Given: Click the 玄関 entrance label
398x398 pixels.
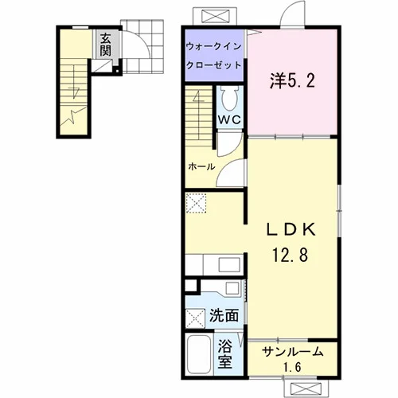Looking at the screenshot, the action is click(105, 45).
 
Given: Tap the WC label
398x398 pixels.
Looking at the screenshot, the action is click(229, 119).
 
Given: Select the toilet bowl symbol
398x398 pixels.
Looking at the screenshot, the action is click(229, 99).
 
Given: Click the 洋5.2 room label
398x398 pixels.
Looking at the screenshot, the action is click(293, 80).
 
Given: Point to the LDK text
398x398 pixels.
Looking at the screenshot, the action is click(291, 229).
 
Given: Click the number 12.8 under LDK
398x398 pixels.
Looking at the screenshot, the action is click(291, 254).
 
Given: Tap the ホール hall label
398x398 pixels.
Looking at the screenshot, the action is click(201, 167).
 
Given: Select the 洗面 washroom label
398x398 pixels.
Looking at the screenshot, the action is click(224, 315).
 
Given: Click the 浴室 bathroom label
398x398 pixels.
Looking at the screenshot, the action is click(225, 354).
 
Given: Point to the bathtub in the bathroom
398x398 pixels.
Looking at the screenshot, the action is click(199, 354).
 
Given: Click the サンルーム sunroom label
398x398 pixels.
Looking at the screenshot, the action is click(292, 352).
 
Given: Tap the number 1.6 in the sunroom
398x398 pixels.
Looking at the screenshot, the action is click(292, 368).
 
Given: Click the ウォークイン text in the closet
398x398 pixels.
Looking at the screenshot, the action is click(213, 47).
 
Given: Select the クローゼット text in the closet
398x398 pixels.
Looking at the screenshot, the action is click(213, 65).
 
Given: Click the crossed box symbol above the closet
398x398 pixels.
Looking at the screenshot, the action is click(215, 16).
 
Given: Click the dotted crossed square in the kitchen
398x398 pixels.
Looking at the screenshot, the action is click(196, 203).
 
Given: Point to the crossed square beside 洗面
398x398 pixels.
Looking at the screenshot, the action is click(195, 318).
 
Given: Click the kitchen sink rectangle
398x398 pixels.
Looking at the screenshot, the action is click(229, 264).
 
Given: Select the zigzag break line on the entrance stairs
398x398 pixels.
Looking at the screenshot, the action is click(73, 115).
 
